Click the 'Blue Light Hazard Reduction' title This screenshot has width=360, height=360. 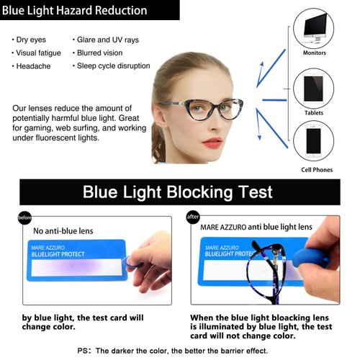coord(75,11)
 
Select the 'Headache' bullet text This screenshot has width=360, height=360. coord(32,66)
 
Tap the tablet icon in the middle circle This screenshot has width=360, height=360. coord(314,87)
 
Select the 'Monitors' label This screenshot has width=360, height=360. coord(314,53)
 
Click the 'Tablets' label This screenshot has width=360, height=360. coord(314,112)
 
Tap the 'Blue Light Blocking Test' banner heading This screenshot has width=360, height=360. coord(177,192)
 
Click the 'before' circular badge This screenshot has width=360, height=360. coord(25,217)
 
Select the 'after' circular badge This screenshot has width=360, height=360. coord(192,217)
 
